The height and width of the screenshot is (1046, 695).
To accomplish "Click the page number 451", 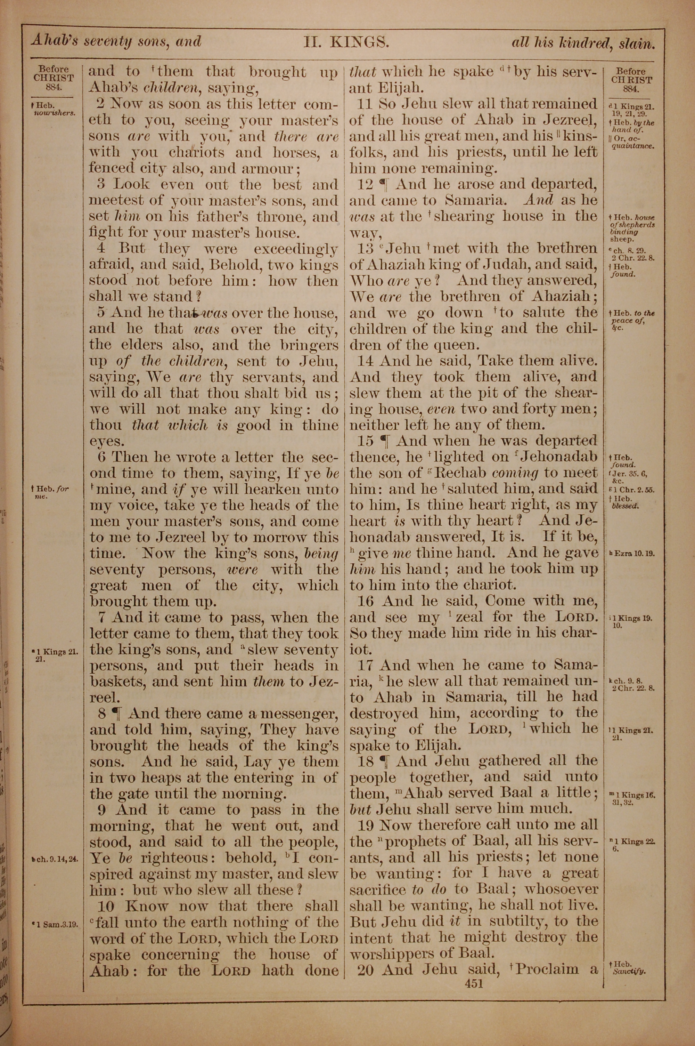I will click(x=473, y=983).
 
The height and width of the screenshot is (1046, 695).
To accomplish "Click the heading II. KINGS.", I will click(x=346, y=42).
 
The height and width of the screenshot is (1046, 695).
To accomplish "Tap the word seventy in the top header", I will click(x=108, y=42).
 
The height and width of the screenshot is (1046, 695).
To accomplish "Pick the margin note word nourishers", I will click(x=55, y=113).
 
